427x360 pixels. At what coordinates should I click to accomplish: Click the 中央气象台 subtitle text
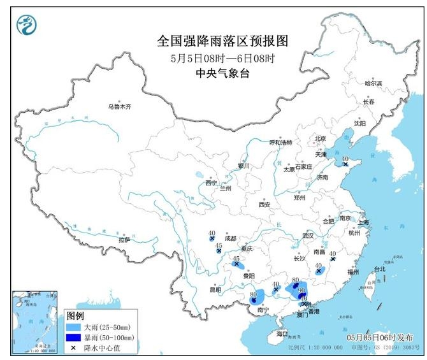pos(222,73)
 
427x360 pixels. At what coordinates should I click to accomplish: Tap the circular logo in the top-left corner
pos(26,25)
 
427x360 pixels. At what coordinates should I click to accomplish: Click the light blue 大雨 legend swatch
pos(73,326)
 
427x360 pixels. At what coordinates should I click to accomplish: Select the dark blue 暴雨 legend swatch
pos(73,336)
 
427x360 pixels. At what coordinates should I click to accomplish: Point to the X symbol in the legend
pos(73,347)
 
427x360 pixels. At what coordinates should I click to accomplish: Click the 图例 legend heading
pos(75,316)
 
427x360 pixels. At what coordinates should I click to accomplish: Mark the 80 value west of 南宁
pos(254,294)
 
